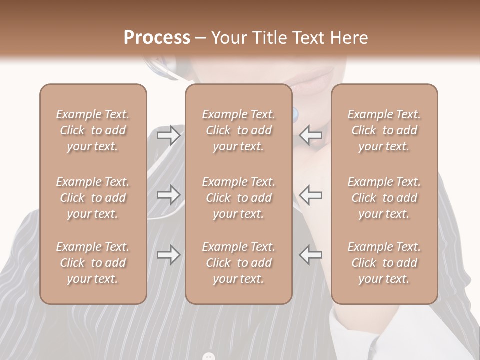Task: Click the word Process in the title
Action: [x=157, y=38]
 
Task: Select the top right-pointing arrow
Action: [x=168, y=135]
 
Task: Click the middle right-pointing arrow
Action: [x=168, y=195]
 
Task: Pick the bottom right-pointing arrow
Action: [x=168, y=255]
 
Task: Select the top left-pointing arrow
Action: [x=311, y=135]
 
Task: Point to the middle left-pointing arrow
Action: [x=311, y=195]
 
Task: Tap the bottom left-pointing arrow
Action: [x=311, y=255]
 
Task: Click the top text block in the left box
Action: [x=93, y=130]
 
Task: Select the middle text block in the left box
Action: [x=93, y=198]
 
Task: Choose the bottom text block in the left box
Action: [x=93, y=263]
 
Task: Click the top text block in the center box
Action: [x=238, y=130]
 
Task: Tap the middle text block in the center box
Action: [x=238, y=198]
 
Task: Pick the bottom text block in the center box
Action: [x=238, y=263]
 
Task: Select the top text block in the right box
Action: [x=384, y=130]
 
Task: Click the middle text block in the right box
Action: [x=384, y=198]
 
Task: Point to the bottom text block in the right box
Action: [x=384, y=263]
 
